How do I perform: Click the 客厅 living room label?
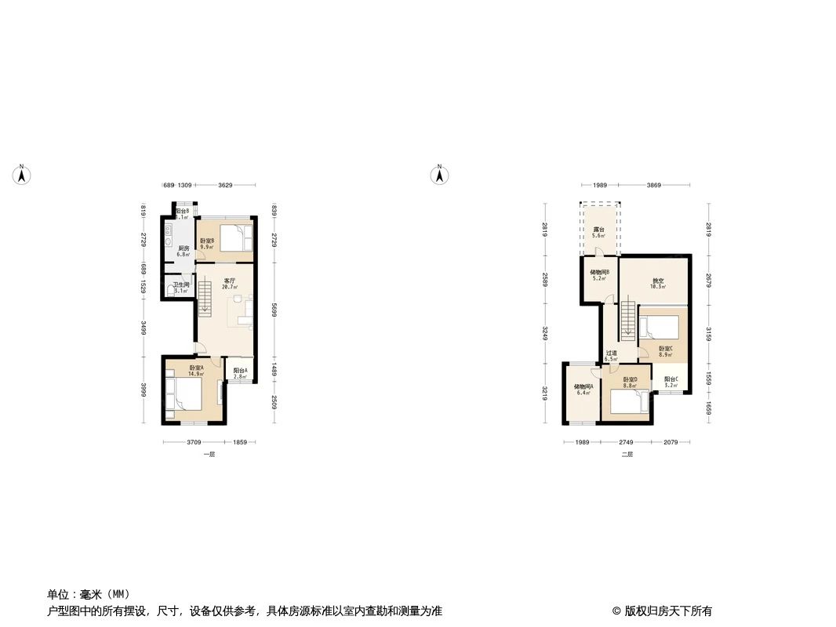(x=230, y=280)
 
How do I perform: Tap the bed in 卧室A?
(x=187, y=392)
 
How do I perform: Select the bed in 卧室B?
(x=235, y=235)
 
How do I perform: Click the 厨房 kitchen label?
(x=184, y=248)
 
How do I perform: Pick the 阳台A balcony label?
(x=241, y=371)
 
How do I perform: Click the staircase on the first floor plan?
(x=205, y=298)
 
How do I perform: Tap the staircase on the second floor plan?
(x=627, y=321)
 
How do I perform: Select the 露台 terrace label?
(x=598, y=230)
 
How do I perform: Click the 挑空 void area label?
(x=657, y=281)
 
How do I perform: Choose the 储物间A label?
(x=582, y=387)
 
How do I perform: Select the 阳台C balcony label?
(x=671, y=379)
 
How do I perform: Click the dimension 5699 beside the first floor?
(x=274, y=310)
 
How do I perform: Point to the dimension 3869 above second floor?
(x=654, y=185)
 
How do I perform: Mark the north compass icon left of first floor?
(x=22, y=175)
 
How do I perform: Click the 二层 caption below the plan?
(x=627, y=455)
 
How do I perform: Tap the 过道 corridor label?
(x=612, y=353)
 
